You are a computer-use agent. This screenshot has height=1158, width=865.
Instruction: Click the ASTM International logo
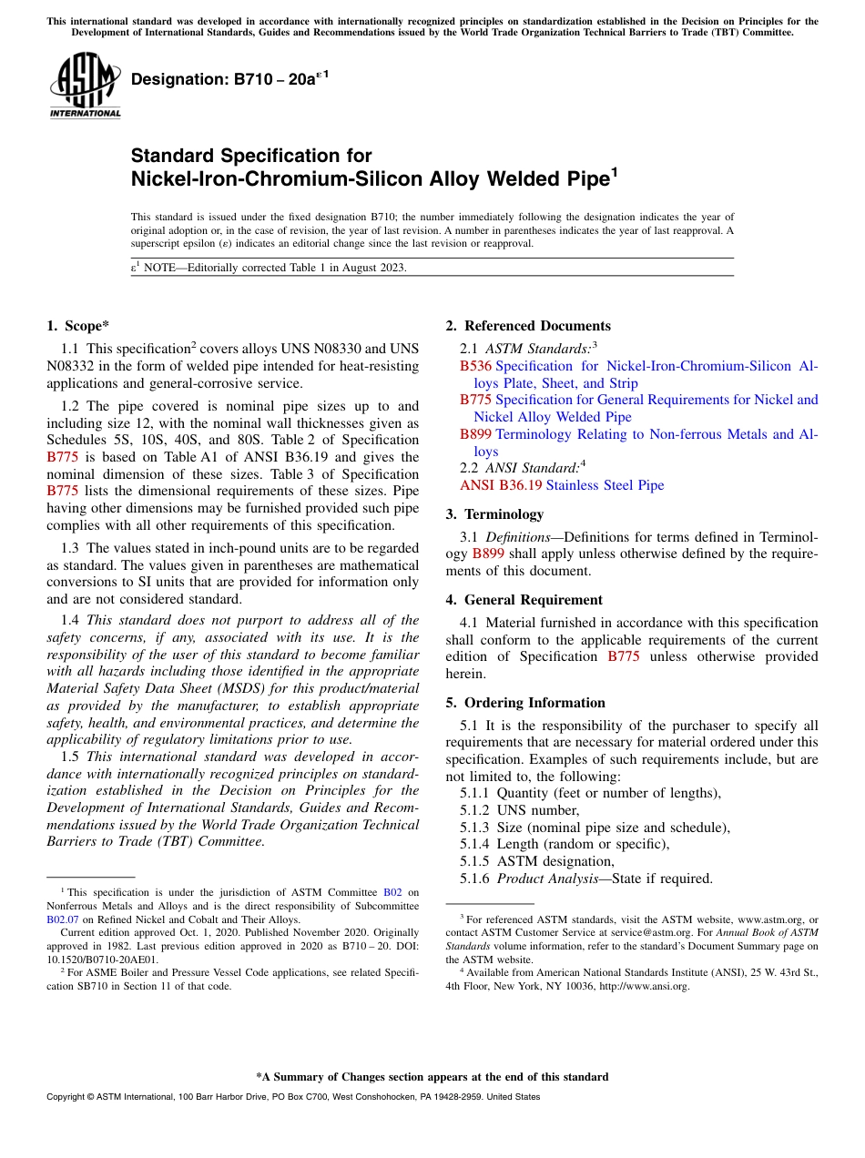click(85, 86)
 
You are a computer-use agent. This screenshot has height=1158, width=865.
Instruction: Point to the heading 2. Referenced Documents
click(528, 326)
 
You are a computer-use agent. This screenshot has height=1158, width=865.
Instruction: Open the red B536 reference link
click(475, 366)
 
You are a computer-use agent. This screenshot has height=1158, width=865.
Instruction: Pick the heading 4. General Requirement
click(524, 600)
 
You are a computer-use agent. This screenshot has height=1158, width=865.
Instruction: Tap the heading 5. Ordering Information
click(525, 703)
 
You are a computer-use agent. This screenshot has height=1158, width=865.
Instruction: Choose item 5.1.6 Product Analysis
click(586, 879)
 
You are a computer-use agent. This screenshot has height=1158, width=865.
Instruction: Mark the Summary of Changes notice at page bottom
click(432, 1077)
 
